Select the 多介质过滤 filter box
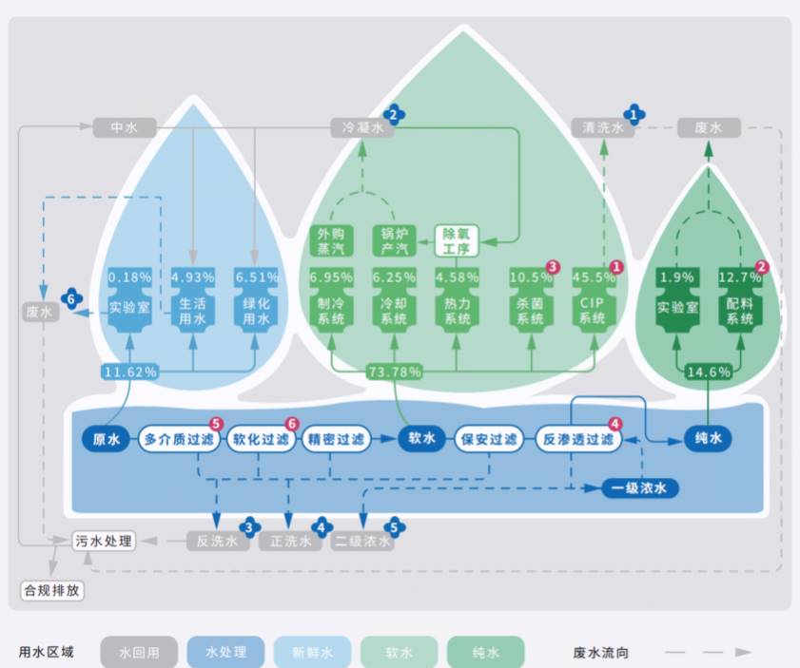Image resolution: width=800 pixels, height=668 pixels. pyautogui.click(x=179, y=439)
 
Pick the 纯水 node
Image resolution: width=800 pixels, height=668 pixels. pyautogui.click(x=710, y=439)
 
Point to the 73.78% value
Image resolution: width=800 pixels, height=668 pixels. pyautogui.click(x=394, y=372)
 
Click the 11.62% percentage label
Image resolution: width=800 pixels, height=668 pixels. pyautogui.click(x=129, y=372)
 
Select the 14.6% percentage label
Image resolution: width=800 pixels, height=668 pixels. pyautogui.click(x=709, y=372)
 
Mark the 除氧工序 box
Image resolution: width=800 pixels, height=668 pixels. pyautogui.click(x=458, y=240)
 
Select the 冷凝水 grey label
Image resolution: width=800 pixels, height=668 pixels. pyautogui.click(x=361, y=126)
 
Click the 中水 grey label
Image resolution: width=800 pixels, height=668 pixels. pyautogui.click(x=125, y=126)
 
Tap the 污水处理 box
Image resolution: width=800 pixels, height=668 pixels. pyautogui.click(x=105, y=541)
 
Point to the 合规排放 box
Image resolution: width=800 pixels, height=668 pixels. pyautogui.click(x=53, y=590)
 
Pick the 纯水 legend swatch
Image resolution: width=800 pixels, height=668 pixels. pyautogui.click(x=485, y=652)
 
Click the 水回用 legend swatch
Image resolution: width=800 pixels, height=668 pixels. pyautogui.click(x=139, y=652)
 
